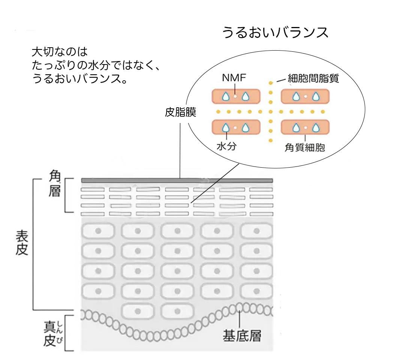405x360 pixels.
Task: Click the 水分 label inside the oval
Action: [x=226, y=147]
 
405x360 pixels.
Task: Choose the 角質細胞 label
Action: [x=305, y=148]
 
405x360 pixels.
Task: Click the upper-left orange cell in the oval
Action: [x=236, y=96]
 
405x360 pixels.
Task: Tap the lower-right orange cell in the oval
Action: [x=305, y=127]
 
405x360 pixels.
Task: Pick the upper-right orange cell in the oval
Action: [x=305, y=96]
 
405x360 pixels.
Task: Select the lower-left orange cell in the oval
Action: [x=236, y=127]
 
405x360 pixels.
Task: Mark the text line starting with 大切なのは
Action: [x=60, y=51]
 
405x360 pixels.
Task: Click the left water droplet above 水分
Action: [x=226, y=127]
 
